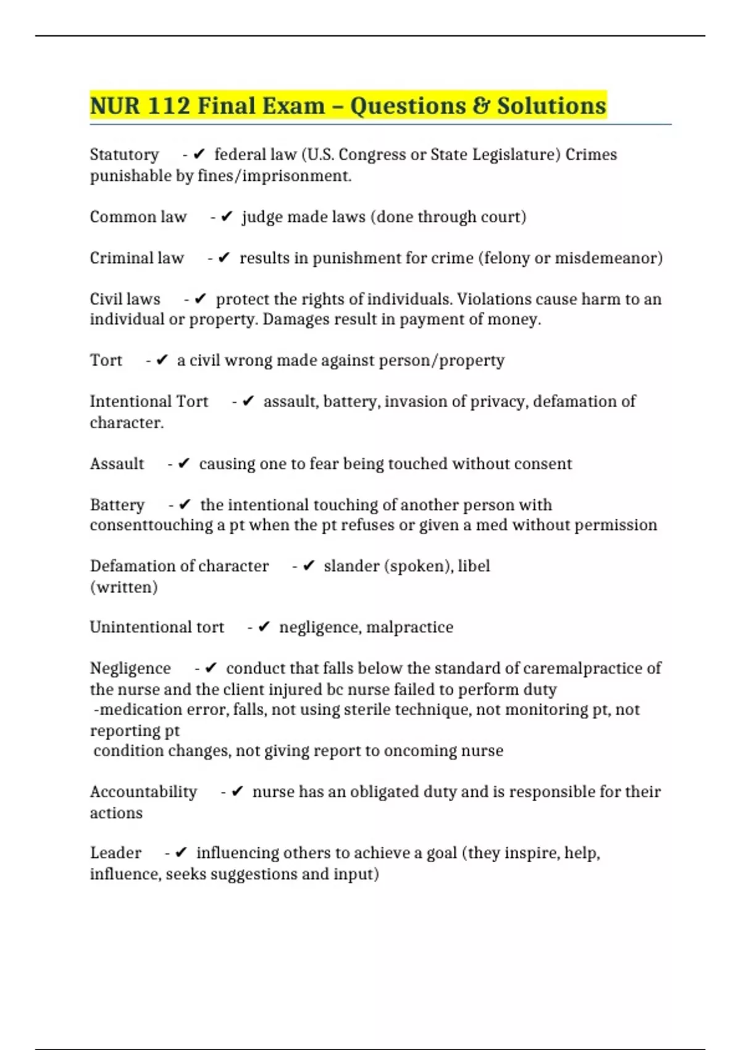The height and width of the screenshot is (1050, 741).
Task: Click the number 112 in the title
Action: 169,106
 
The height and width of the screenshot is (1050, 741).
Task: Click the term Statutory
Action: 124,154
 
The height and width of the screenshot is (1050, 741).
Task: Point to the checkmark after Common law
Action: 227,217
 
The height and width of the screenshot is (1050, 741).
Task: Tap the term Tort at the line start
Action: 106,361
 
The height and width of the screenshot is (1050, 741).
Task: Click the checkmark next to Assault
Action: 183,464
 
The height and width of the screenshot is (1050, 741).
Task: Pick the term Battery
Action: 117,505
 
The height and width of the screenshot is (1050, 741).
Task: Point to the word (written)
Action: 124,587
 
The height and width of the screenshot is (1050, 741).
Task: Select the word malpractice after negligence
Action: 409,628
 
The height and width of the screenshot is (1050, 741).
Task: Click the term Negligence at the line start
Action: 130,668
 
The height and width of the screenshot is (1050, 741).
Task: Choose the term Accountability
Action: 143,792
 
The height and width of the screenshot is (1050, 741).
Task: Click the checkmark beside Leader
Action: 181,853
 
